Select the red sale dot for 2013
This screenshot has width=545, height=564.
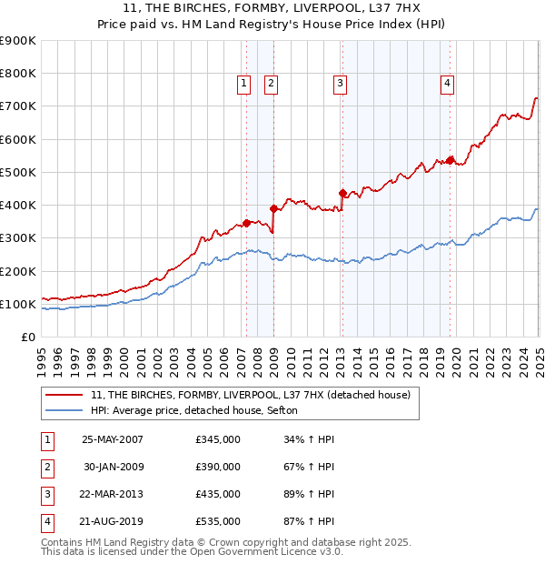click(342, 193)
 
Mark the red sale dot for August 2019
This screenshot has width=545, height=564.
click(450, 160)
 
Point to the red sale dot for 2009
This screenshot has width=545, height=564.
click(273, 208)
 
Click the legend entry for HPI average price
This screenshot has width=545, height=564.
click(201, 410)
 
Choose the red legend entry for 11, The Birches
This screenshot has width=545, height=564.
click(251, 395)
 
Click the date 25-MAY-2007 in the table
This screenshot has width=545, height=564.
click(113, 439)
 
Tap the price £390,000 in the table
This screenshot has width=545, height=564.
click(218, 467)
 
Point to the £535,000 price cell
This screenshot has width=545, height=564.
click(218, 521)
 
